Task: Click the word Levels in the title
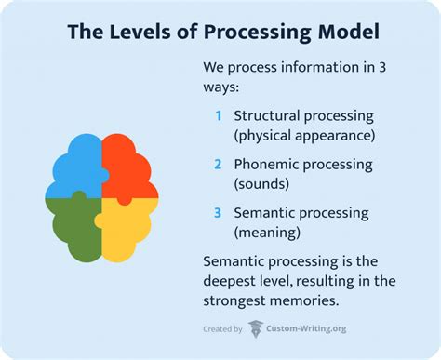coord(132,33)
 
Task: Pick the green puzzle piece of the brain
coord(75,222)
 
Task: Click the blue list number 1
coord(218,116)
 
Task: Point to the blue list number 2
coord(218,164)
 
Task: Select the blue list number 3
coord(218,212)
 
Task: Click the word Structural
coord(269,116)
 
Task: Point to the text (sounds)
coord(264,183)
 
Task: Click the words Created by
coord(222,328)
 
